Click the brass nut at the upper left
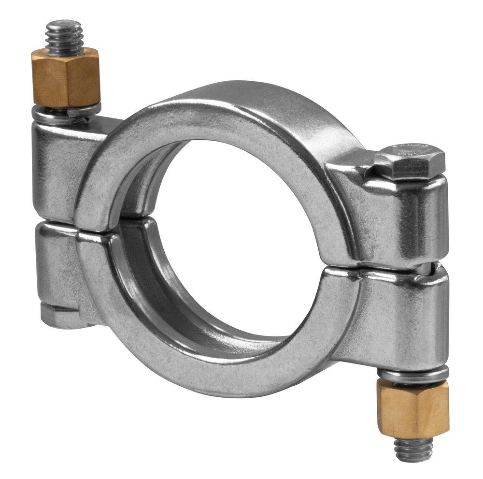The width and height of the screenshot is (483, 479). click(65, 77)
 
